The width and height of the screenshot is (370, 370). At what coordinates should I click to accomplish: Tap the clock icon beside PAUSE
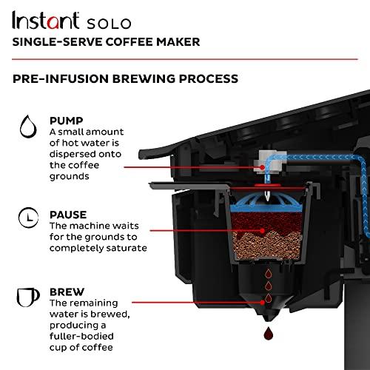[28, 198]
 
